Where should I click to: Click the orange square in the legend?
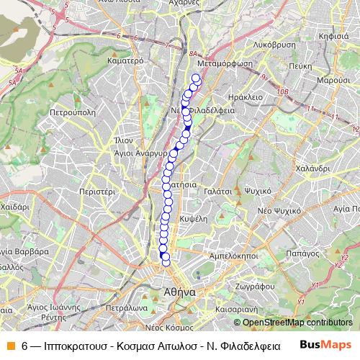tap(11, 345)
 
